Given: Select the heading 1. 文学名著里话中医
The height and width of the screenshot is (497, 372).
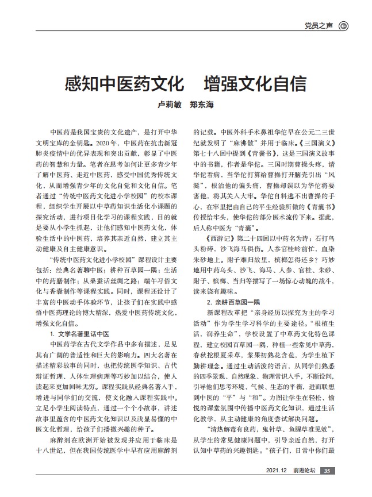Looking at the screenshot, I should click(x=80, y=333).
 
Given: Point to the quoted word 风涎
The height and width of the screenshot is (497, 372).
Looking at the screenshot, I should click(x=338, y=175).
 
